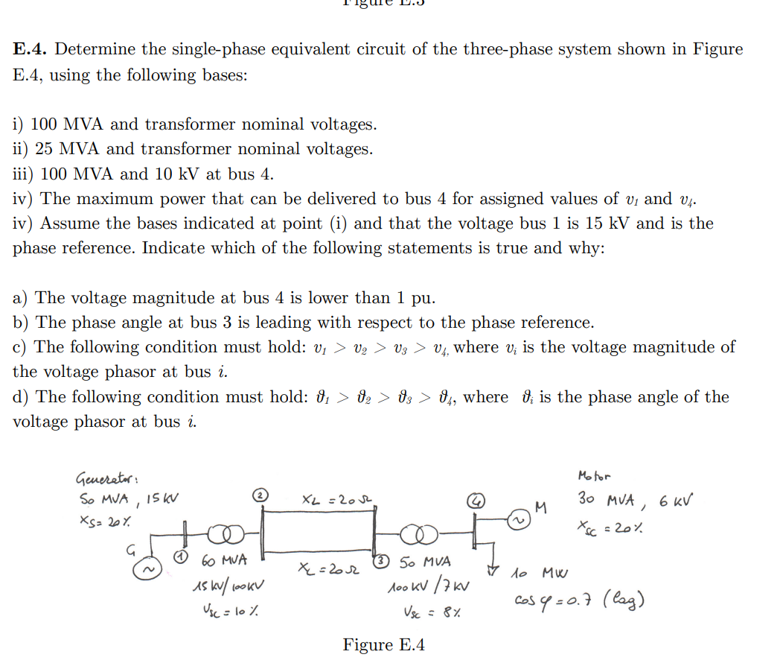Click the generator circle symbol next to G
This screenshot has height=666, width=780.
(x=146, y=569)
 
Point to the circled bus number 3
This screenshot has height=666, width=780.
(x=382, y=558)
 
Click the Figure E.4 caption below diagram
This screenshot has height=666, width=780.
(x=383, y=644)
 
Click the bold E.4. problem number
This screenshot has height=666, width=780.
(x=31, y=50)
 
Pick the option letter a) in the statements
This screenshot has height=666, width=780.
(x=22, y=298)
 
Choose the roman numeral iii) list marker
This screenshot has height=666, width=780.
(x=22, y=174)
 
